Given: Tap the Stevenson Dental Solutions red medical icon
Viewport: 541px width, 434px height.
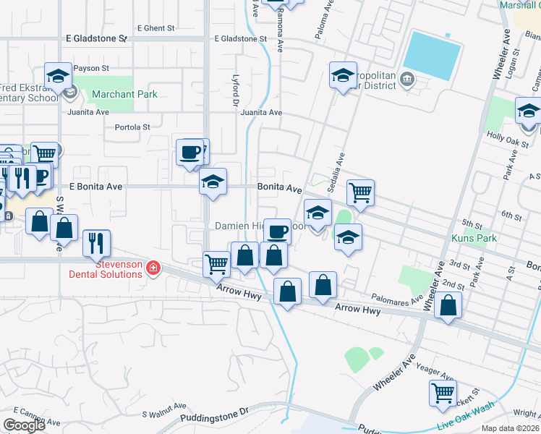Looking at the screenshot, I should click(x=153, y=269).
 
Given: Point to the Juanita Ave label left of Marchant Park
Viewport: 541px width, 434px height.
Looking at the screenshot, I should click(x=88, y=112).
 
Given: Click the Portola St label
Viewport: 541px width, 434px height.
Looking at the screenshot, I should click(x=132, y=127).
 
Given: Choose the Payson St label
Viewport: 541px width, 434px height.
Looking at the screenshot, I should click(x=90, y=68).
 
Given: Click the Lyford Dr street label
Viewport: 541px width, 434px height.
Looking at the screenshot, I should click(x=235, y=95).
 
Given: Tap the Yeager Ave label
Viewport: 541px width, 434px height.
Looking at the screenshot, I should click(x=436, y=372).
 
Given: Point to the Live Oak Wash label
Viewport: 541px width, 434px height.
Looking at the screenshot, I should click(x=468, y=422).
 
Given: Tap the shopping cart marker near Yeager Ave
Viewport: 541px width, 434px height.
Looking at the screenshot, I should click(x=443, y=393).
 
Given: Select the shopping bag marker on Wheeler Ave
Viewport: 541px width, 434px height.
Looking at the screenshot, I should click(x=448, y=306).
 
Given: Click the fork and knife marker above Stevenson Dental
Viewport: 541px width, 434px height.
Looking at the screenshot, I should click(x=96, y=243).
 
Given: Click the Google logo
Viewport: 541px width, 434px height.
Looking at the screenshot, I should click(x=24, y=425).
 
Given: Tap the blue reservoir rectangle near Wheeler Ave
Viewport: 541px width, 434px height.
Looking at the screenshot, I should click(x=432, y=55).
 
